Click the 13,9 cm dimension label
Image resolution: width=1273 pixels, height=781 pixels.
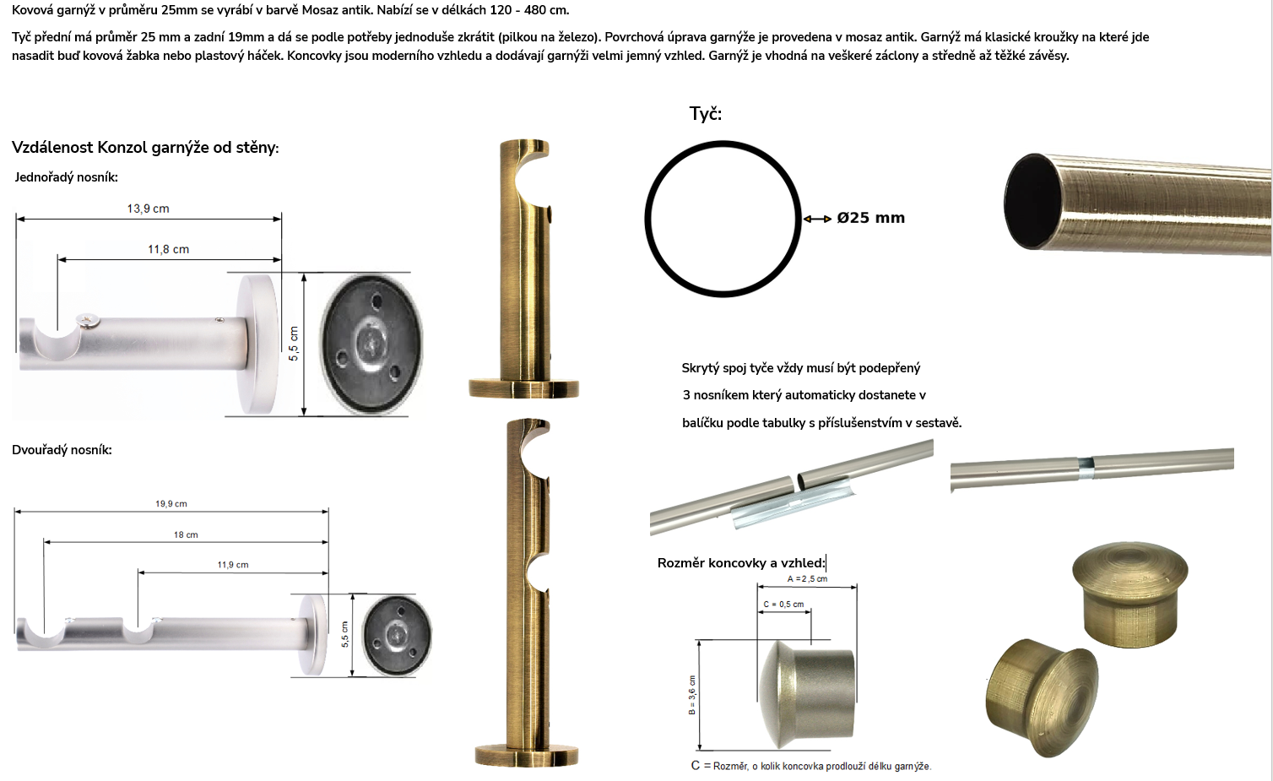(x=148, y=209)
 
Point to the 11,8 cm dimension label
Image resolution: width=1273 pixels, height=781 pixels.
(x=168, y=249)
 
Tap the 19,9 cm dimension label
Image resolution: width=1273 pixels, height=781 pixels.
(x=171, y=503)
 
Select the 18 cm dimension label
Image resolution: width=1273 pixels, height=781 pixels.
(x=186, y=534)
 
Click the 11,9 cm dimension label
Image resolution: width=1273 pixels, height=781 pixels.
(x=233, y=565)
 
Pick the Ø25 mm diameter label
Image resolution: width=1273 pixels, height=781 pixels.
(x=870, y=219)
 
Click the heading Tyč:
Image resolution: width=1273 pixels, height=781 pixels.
(x=705, y=114)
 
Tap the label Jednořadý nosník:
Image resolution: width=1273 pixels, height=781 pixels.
(x=67, y=177)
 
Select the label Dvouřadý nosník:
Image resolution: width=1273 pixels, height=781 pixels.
(x=62, y=450)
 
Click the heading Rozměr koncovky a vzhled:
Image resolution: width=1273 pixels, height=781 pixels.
(x=741, y=562)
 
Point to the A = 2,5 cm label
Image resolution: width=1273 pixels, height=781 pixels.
(x=807, y=579)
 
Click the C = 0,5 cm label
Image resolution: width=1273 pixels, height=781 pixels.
(x=783, y=605)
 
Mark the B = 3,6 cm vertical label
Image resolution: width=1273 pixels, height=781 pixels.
(x=691, y=695)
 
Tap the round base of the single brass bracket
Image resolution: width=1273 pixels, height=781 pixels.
(x=523, y=388)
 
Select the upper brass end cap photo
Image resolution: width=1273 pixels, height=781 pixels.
(x=1129, y=594)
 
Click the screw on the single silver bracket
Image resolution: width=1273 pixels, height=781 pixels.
(x=89, y=321)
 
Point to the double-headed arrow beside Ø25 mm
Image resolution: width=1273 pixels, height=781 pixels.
(x=817, y=219)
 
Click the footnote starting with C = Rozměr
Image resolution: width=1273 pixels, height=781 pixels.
(x=811, y=766)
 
